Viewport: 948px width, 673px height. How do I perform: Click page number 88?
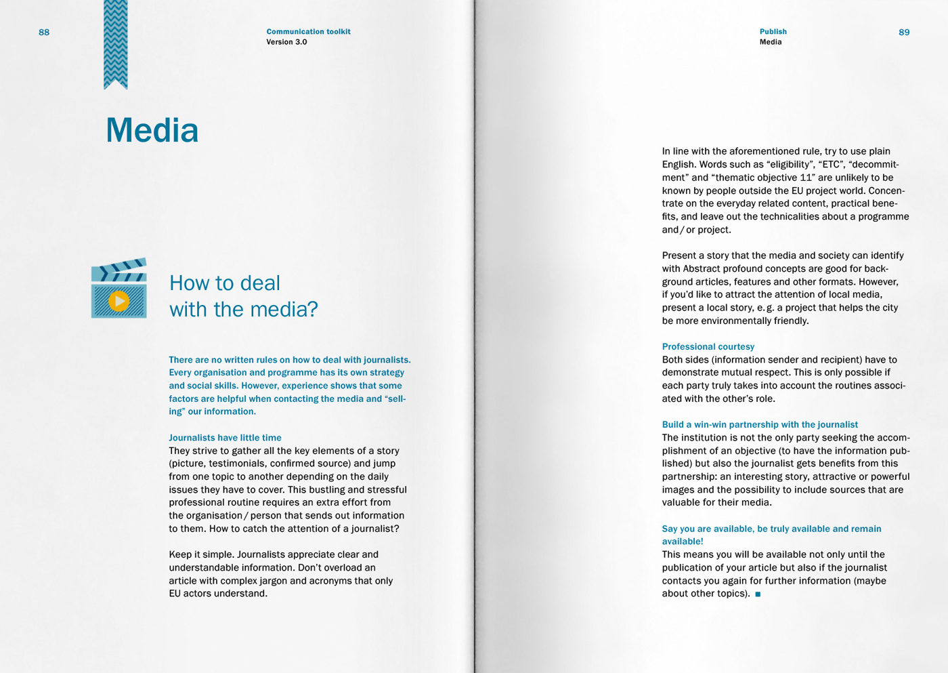(44, 33)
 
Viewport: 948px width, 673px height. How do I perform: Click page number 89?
(904, 33)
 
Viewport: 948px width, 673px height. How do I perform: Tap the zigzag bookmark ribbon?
(116, 44)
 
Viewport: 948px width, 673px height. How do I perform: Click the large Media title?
(152, 130)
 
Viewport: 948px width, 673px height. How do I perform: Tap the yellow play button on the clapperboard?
(119, 301)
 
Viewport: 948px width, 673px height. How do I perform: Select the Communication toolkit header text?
(308, 32)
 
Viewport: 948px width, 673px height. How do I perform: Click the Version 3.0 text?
(286, 42)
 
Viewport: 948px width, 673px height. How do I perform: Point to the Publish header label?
(773, 32)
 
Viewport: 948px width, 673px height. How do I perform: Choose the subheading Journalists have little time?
(225, 438)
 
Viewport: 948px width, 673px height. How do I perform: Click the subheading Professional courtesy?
(708, 346)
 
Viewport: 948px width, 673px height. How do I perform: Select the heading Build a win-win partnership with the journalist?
(760, 424)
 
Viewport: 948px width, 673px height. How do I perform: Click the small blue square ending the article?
(758, 594)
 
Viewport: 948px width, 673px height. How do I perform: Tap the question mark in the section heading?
(312, 310)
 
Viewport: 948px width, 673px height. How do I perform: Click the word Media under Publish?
(771, 42)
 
